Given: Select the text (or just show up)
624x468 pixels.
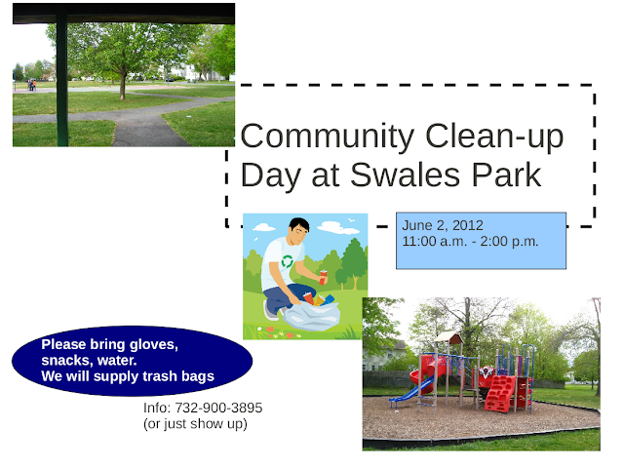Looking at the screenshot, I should (195, 423).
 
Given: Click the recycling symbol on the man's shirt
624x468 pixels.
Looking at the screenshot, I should (287, 261).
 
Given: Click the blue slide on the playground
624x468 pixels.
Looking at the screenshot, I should (410, 390).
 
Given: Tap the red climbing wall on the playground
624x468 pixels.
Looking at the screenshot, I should (499, 394).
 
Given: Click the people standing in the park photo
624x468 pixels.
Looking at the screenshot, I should (31, 85).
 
